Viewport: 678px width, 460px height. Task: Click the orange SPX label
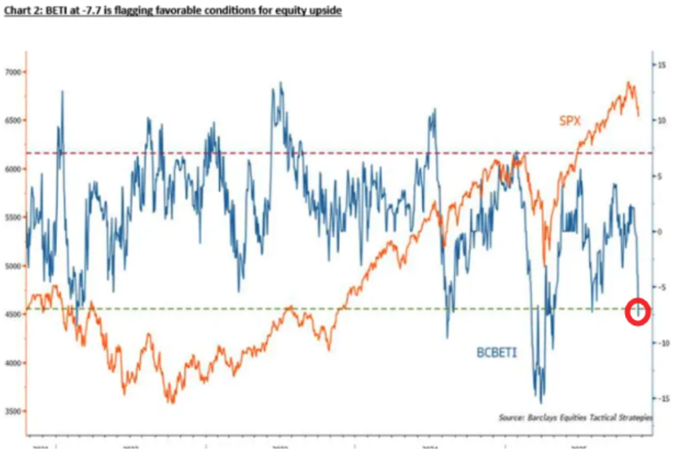pyautogui.click(x=569, y=121)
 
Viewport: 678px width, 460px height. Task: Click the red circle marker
pyautogui.click(x=638, y=312)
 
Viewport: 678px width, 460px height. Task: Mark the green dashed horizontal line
pyautogui.click(x=201, y=309)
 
